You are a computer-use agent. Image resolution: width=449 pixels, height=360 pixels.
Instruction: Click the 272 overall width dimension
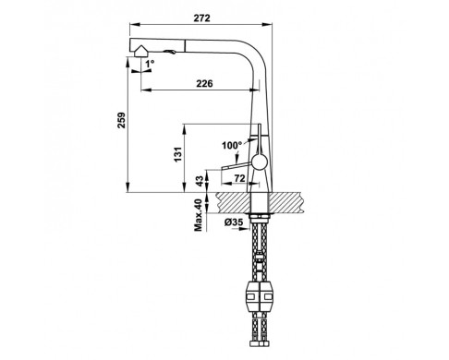[x=201, y=18]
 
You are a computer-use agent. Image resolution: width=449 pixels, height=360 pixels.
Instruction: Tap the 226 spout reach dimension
[x=204, y=83]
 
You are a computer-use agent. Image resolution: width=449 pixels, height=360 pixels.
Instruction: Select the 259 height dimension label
[x=121, y=120]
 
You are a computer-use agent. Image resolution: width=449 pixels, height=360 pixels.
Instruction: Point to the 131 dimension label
[x=178, y=154]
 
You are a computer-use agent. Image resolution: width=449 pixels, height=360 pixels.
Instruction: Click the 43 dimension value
[x=200, y=181]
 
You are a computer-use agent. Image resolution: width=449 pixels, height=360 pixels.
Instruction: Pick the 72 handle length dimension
[x=239, y=178]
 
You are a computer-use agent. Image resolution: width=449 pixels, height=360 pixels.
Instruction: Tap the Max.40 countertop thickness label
[x=199, y=215]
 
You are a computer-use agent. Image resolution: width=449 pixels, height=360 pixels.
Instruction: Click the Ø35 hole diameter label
[x=234, y=222]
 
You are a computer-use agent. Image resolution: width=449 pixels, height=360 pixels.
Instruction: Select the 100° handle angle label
[x=232, y=145]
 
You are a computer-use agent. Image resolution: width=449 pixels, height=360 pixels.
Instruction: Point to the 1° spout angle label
[x=150, y=64]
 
